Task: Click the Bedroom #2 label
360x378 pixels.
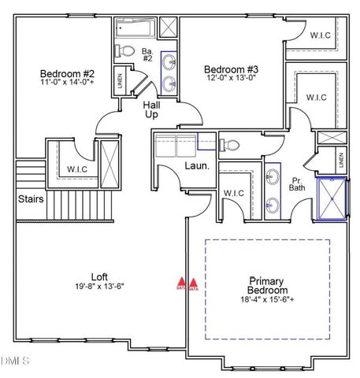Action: point(67,74)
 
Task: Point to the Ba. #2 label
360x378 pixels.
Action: point(147,55)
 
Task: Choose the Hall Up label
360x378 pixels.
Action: point(151,109)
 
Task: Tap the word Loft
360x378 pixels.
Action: point(99,276)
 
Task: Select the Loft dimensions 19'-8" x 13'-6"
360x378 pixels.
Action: point(98,287)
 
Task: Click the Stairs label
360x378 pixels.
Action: point(31,199)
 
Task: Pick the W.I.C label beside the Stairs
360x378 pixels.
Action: point(76,169)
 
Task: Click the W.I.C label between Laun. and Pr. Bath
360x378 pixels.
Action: point(234,193)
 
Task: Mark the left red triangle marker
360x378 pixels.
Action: point(181,281)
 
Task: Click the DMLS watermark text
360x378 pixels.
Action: point(14,361)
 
